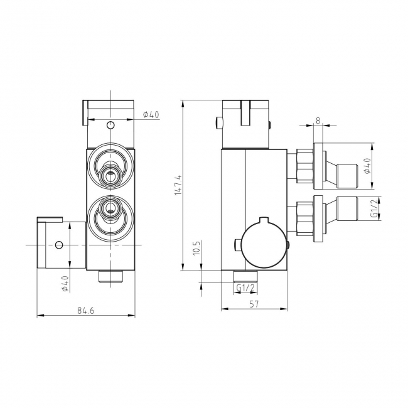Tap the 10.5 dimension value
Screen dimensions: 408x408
[196, 249]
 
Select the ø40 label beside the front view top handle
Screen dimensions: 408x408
[151, 114]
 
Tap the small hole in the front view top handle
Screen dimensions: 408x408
[110, 125]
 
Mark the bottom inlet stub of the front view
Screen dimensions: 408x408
[112, 276]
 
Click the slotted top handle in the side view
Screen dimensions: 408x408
[247, 115]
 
